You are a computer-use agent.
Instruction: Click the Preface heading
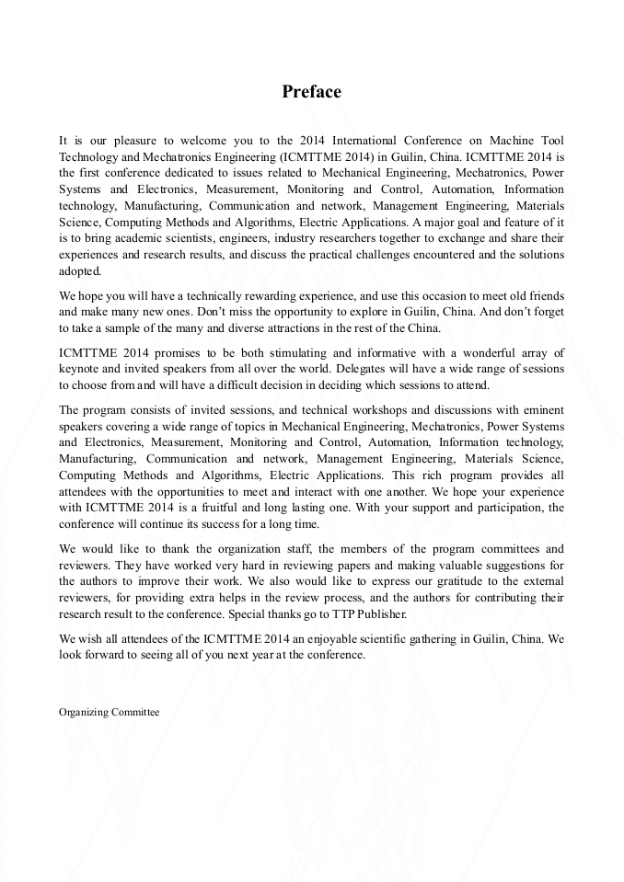point(311,92)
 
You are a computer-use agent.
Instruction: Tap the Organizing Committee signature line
point(109,712)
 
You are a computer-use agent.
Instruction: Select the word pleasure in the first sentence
point(134,141)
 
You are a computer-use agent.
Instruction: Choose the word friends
point(542,295)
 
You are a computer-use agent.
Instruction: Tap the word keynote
point(81,370)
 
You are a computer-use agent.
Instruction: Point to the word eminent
point(543,409)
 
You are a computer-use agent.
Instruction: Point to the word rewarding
point(256,295)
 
